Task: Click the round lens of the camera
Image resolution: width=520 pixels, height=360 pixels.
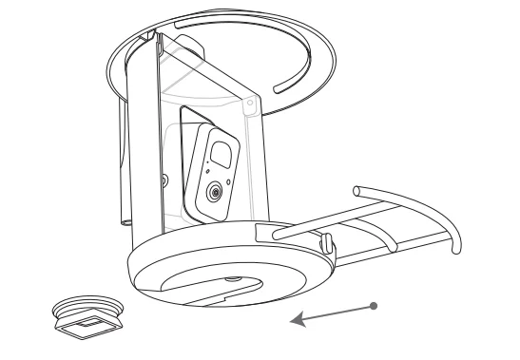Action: pyautogui.click(x=217, y=192)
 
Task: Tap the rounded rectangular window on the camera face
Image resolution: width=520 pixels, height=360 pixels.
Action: pyautogui.click(x=222, y=154)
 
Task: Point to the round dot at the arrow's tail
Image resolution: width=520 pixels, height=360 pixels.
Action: pyautogui.click(x=376, y=305)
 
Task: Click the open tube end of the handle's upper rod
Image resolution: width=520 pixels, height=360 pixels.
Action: pyautogui.click(x=356, y=189)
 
